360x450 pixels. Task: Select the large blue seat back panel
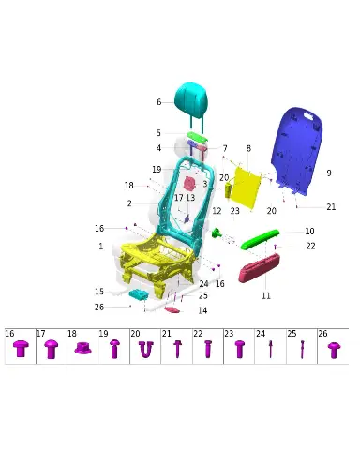[297, 150]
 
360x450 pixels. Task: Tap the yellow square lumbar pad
[247, 187]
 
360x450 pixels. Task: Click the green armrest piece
[260, 239]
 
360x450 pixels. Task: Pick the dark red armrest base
[259, 268]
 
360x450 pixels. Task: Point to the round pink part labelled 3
[189, 184]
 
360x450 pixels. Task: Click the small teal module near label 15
[139, 294]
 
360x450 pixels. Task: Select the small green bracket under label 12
[217, 232]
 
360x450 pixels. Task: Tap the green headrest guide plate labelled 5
[198, 137]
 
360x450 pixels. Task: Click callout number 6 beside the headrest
[159, 102]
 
